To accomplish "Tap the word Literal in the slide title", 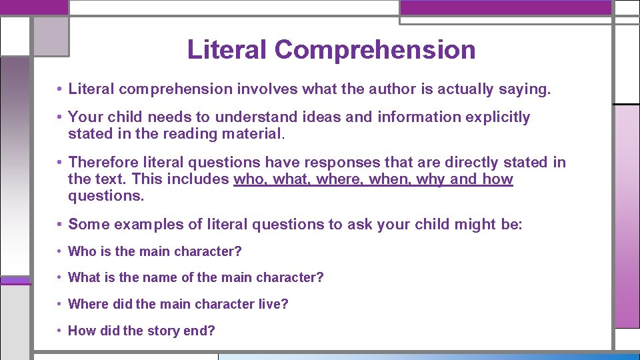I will click(x=227, y=50).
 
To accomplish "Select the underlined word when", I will click(x=389, y=179).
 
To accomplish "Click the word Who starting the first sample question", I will click(x=82, y=251).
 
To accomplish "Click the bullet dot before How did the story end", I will click(x=61, y=331).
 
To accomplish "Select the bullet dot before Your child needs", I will click(x=60, y=117).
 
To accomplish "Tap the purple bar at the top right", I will click(x=505, y=7).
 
